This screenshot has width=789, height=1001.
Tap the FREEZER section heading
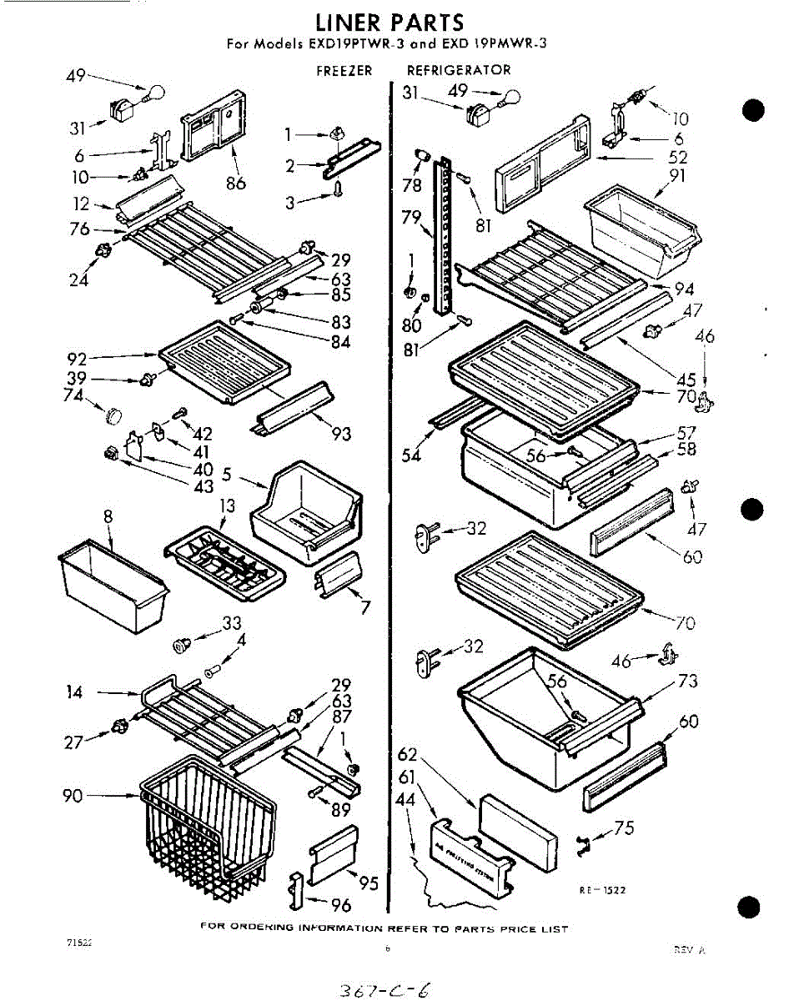pos(344,71)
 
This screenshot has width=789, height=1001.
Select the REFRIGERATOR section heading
pos(459,71)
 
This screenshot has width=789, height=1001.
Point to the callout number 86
pos(236,183)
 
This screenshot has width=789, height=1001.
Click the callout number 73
pos(687,682)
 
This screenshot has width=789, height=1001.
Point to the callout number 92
pos(78,360)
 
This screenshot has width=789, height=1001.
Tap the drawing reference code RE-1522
pos(602,890)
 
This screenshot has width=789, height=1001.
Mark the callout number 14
pos(74,691)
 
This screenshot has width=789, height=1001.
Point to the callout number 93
pos(340,433)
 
